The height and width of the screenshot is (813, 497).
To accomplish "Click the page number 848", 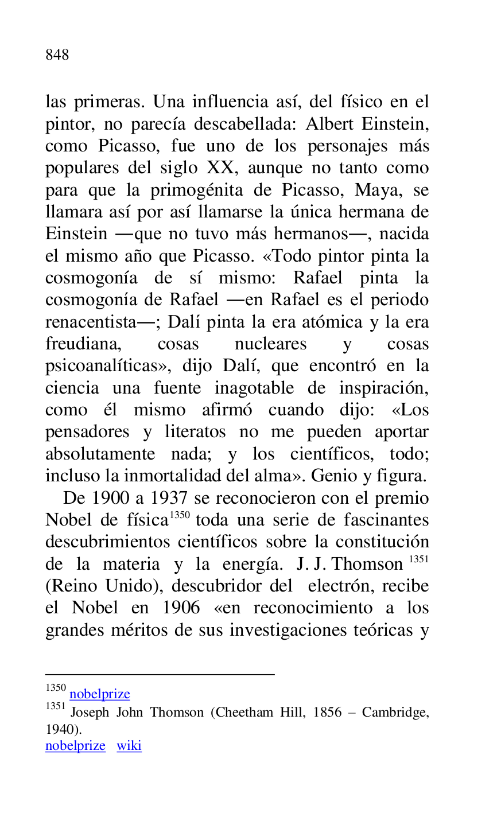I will click(x=57, y=55).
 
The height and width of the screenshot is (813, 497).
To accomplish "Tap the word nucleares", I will click(x=270, y=344).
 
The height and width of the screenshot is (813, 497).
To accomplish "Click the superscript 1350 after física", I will click(x=180, y=515).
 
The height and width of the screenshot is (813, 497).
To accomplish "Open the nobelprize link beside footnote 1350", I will click(x=100, y=694).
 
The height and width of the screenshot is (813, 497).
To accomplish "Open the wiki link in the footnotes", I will click(x=129, y=746).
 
